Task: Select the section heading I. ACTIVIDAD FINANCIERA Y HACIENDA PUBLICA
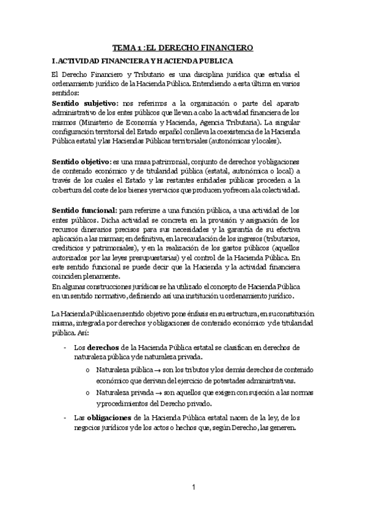point(142,61)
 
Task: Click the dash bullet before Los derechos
point(65,348)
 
